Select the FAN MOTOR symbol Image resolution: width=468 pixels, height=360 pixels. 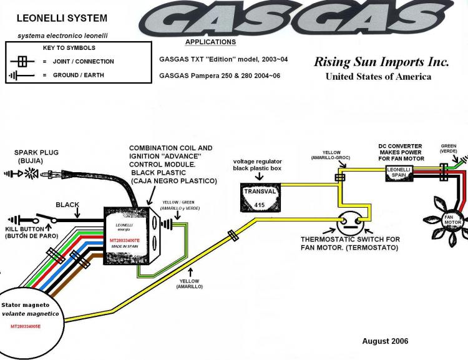[x=452, y=219]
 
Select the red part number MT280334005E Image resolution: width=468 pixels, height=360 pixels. [x=31, y=326]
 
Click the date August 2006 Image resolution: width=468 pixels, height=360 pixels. [x=385, y=341]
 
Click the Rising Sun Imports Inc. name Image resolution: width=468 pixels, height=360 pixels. [x=381, y=62]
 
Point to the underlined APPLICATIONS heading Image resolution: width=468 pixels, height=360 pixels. [x=211, y=42]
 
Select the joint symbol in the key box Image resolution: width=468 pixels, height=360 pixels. [x=22, y=61]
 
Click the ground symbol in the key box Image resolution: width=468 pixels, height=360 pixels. [x=21, y=75]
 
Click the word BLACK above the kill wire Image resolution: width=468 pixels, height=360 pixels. [x=67, y=205]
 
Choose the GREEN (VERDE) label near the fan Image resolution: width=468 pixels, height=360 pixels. [x=449, y=148]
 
